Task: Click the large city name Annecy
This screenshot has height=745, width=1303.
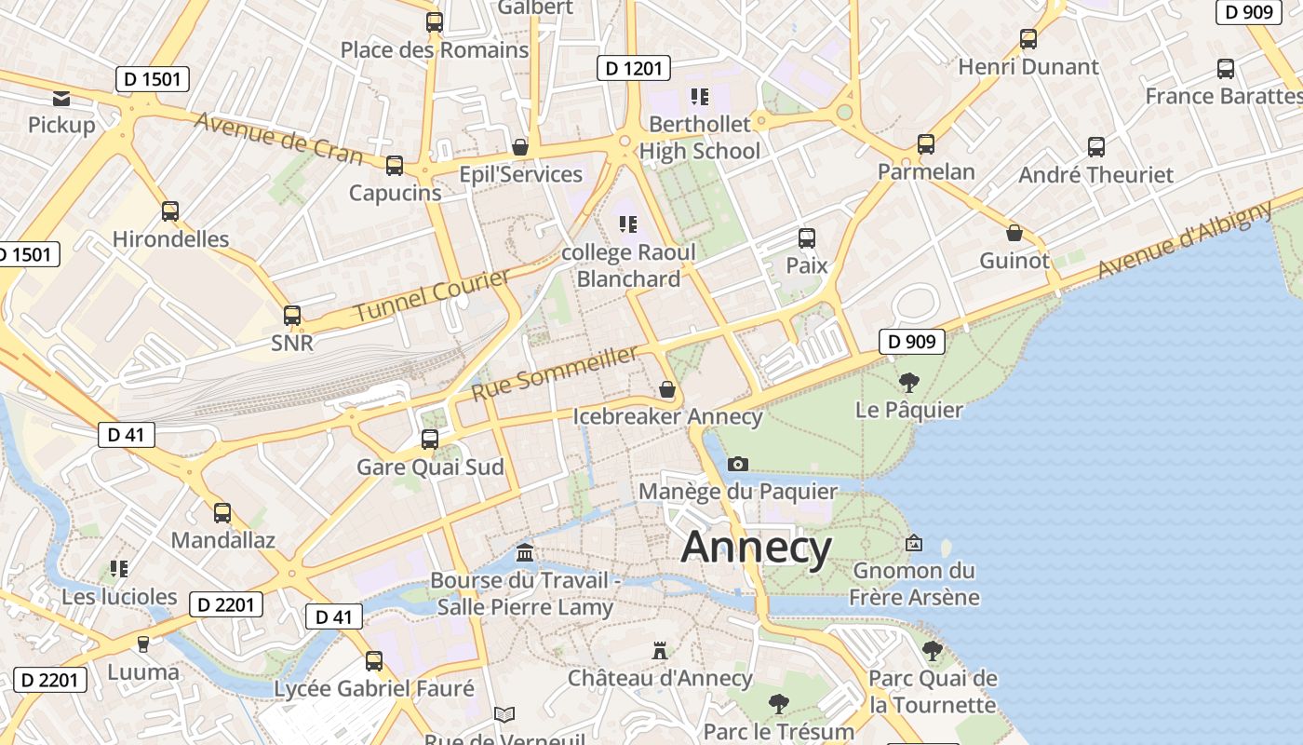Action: click(x=756, y=548)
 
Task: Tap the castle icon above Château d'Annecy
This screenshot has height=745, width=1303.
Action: click(x=660, y=650)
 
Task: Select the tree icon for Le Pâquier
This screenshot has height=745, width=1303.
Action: click(x=909, y=382)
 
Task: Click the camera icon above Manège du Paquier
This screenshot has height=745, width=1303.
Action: click(x=737, y=464)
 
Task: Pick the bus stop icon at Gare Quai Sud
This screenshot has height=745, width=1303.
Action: click(x=430, y=439)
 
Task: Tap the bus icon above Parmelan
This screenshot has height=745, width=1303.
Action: click(x=925, y=144)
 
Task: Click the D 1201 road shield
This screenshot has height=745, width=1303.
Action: click(x=633, y=68)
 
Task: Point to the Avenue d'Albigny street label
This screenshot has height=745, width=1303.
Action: click(x=1185, y=239)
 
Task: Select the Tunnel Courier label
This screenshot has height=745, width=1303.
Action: click(x=433, y=296)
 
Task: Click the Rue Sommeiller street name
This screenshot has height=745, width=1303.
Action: click(x=556, y=372)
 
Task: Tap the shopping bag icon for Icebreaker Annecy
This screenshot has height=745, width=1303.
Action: click(x=667, y=388)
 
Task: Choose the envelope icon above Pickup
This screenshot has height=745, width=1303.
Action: click(x=61, y=98)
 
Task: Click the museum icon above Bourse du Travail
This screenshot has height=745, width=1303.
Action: click(x=525, y=553)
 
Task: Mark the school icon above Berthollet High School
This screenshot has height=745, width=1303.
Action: click(x=699, y=97)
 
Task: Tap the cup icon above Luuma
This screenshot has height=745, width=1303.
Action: click(x=143, y=643)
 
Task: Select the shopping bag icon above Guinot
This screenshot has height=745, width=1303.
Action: click(x=1014, y=233)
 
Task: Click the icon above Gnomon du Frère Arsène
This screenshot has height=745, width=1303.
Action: click(x=914, y=543)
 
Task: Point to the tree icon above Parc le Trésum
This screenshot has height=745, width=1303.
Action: click(x=778, y=703)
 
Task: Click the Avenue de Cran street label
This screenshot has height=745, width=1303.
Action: click(x=278, y=138)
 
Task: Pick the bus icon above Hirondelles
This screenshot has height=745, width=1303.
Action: click(x=170, y=211)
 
